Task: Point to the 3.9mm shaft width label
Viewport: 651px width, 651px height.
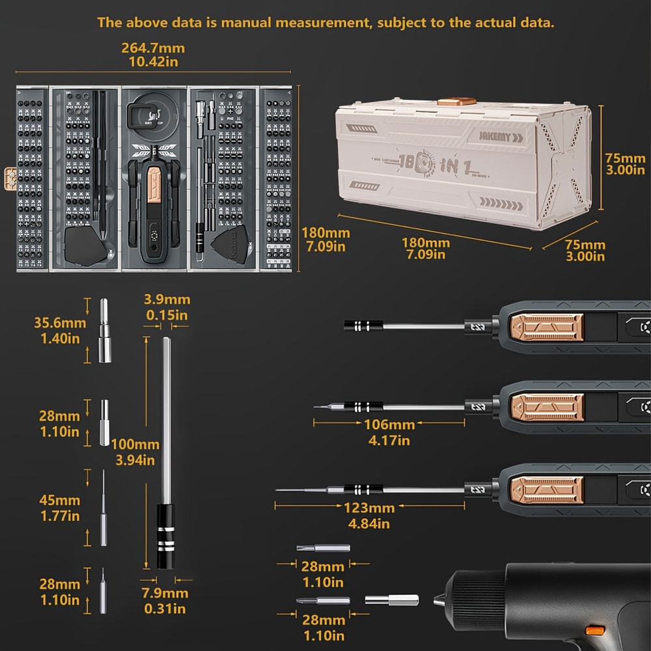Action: [167, 307]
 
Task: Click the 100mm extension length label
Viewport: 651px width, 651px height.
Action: [135, 452]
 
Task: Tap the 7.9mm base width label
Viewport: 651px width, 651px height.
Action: [165, 601]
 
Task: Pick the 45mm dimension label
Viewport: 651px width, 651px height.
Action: [60, 508]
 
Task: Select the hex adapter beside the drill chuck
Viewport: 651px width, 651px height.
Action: [382, 600]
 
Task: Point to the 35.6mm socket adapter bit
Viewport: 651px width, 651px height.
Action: [104, 331]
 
